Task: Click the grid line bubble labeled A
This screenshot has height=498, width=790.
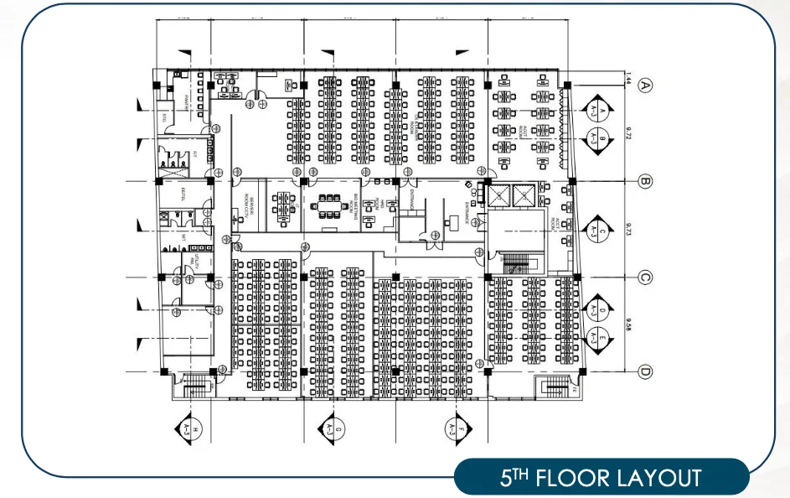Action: [x=645, y=85]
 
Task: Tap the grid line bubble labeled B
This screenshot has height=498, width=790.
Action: [x=645, y=180]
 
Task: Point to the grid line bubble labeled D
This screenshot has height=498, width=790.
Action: [x=645, y=371]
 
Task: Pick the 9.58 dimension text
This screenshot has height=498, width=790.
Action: [x=627, y=324]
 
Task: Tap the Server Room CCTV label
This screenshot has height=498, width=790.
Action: [x=247, y=204]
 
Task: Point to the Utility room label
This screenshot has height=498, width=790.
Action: [x=190, y=258]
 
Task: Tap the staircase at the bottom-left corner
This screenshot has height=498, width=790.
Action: [x=196, y=385]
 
